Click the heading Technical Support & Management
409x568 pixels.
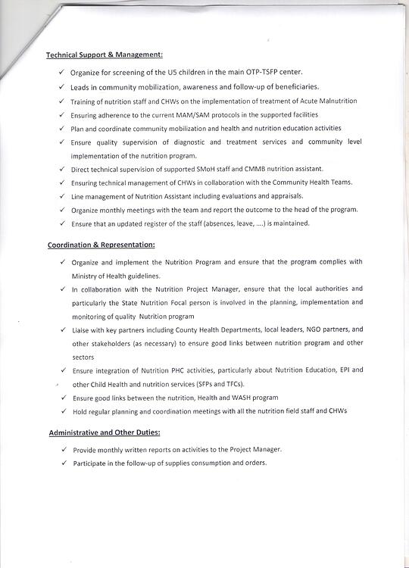pos(105,55)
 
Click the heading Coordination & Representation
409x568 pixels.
pos(101,245)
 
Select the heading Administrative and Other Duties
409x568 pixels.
pos(105,432)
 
